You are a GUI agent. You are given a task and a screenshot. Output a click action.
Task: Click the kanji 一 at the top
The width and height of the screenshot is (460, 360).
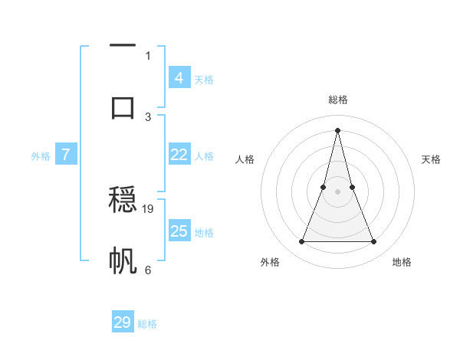tap(123, 46)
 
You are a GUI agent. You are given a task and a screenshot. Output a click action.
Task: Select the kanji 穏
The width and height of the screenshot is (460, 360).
tap(123, 201)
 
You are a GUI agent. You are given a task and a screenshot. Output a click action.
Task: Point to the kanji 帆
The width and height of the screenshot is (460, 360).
tap(123, 261)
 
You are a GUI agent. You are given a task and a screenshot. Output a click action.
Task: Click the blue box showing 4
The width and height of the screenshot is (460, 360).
tap(179, 78)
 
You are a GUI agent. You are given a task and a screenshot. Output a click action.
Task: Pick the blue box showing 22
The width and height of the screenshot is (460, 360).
tap(179, 155)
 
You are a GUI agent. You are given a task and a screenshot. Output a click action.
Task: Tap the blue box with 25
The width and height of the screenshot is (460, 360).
tap(179, 231)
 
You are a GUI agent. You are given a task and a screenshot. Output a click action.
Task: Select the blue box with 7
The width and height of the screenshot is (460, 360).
tap(66, 155)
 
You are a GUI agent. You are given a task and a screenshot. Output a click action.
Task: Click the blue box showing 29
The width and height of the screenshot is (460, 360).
tap(123, 322)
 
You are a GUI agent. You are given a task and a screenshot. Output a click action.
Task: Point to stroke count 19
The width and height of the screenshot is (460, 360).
tap(149, 208)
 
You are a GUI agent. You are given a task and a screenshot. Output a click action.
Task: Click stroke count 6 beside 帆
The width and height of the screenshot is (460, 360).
tap(148, 270)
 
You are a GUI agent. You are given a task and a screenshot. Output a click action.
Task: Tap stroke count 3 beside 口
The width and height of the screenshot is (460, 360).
tap(148, 116)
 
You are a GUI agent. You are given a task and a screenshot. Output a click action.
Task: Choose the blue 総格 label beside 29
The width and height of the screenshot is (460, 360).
tap(147, 324)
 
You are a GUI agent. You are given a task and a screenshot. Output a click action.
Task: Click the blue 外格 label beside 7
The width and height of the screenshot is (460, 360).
tap(41, 156)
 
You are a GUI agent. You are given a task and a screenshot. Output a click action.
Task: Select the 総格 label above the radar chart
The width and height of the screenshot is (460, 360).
tap(337, 100)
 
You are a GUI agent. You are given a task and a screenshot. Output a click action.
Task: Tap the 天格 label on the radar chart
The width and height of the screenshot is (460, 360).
tap(431, 159)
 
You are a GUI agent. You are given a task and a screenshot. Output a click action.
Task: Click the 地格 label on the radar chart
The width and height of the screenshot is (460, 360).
tap(402, 262)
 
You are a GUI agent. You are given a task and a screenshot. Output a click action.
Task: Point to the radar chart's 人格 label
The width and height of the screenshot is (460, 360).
tap(245, 159)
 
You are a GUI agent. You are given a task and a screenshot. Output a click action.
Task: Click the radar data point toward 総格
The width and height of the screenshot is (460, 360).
tap(337, 129)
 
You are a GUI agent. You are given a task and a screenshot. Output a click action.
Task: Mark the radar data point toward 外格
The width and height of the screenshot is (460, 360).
tap(301, 242)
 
